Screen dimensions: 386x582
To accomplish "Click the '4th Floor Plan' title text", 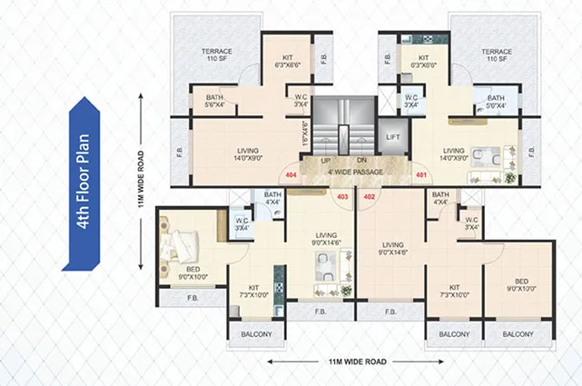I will tap(83, 185).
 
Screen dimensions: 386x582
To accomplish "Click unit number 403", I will tap(342, 195).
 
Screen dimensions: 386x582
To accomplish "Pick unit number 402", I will tap(369, 195).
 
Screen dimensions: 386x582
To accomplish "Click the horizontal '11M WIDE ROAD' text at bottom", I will tap(357, 361).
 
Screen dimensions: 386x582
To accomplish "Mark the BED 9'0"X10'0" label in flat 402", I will tap(521, 286).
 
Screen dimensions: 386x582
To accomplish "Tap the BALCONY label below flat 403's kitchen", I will tap(257, 334).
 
